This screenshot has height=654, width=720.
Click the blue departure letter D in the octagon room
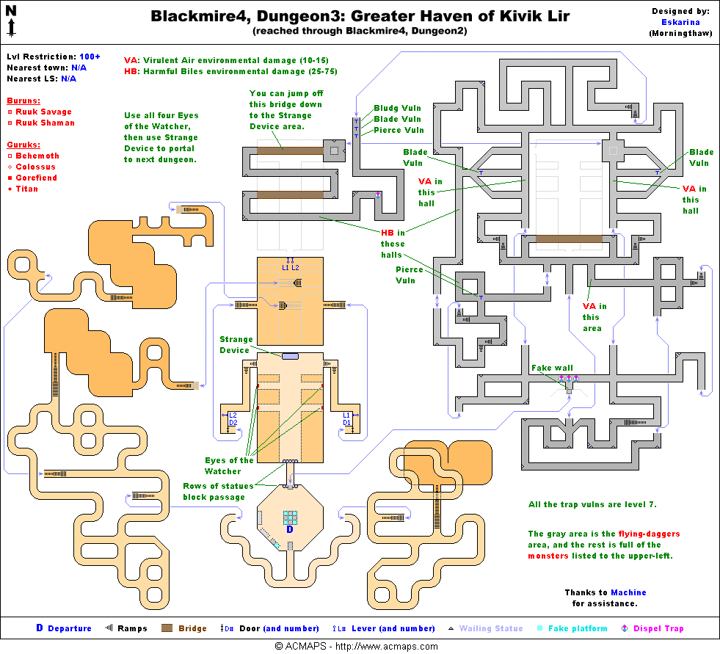[289, 528]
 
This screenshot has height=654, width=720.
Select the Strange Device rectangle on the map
[290, 356]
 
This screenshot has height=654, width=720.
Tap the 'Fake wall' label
[552, 368]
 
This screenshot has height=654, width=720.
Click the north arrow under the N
[12, 28]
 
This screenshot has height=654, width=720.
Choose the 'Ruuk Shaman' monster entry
[46, 123]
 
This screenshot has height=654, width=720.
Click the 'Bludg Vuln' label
[397, 108]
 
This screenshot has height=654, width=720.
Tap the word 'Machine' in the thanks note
[628, 592]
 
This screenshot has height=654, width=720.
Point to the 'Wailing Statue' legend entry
[490, 628]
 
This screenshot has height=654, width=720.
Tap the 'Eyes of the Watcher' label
[228, 465]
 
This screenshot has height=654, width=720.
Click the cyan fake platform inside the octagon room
[290, 517]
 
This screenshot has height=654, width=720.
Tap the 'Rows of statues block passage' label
[218, 491]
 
